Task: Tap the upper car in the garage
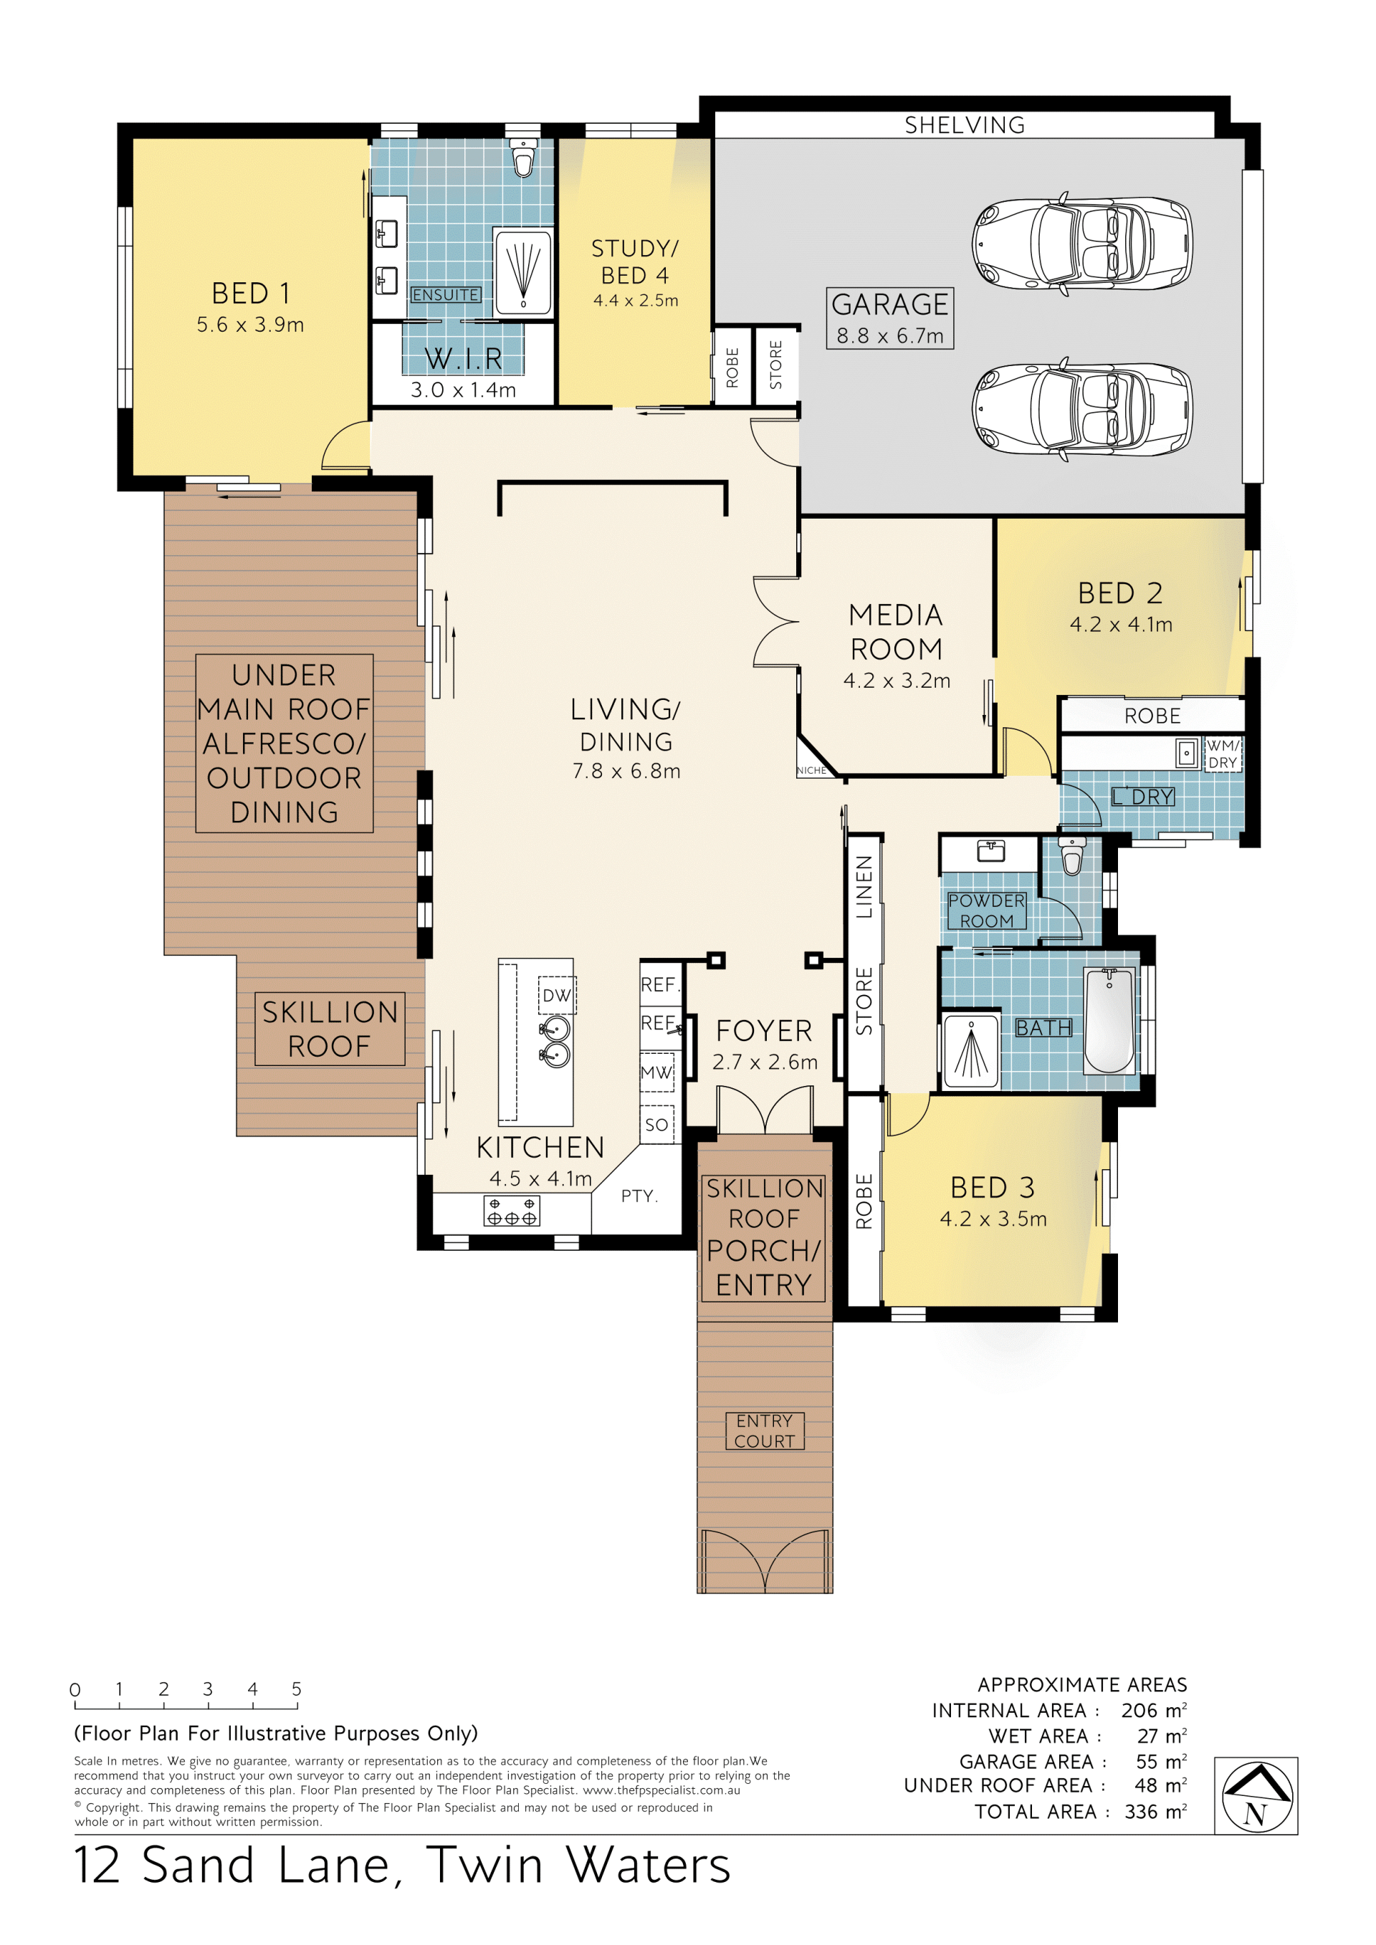point(1082,244)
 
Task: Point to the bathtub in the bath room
point(1109,1021)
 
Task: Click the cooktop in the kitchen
point(512,1211)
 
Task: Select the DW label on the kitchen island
point(557,995)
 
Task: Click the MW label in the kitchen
point(656,1072)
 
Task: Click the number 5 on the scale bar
point(297,1689)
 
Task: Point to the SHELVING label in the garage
point(964,125)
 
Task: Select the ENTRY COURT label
point(764,1431)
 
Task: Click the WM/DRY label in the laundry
point(1223,754)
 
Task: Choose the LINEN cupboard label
point(864,887)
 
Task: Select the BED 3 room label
point(992,1188)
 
